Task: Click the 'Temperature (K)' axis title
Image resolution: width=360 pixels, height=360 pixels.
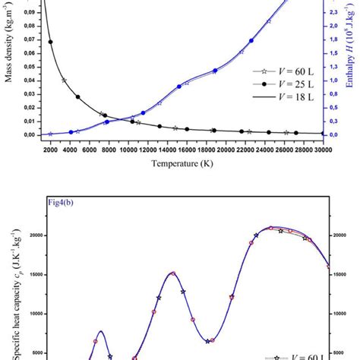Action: pos(185,163)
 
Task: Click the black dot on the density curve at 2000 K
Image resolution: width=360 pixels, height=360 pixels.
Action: pos(51,42)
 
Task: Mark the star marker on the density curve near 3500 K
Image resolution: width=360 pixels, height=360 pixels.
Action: pos(64,80)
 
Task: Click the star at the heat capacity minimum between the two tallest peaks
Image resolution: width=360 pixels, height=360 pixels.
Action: pos(207,341)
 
